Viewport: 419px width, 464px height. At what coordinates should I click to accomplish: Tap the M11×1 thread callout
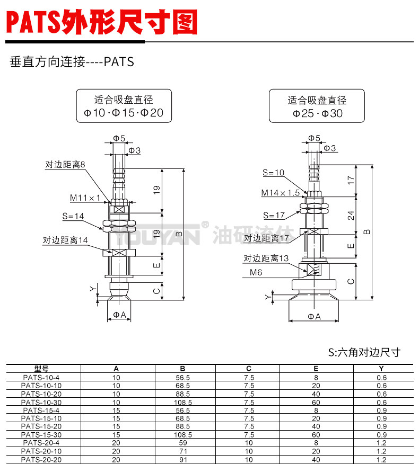point(85,198)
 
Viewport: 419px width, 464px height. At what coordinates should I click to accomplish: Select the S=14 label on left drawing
point(73,216)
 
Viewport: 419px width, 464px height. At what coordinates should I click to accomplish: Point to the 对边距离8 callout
point(65,165)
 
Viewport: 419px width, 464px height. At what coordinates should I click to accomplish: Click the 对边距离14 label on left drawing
point(65,240)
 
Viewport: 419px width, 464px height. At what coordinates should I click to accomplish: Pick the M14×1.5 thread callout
point(280,193)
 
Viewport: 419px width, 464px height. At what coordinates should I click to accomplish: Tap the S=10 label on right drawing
point(274,173)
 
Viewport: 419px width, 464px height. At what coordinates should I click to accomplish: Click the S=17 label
point(274,215)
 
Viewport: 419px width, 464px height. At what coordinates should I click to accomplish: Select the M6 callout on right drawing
point(256,273)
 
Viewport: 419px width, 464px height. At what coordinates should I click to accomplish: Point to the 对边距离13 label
point(266,258)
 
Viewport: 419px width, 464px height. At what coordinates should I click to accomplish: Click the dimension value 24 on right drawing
point(351,215)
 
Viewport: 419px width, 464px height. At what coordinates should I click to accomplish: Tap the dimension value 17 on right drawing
point(351,180)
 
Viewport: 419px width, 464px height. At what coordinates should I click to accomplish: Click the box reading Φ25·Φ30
point(317,106)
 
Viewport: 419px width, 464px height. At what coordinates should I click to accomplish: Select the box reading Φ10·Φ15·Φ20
point(124,106)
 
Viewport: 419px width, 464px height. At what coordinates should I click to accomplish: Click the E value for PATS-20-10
point(316,451)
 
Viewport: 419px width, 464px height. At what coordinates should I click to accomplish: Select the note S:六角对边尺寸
point(364,352)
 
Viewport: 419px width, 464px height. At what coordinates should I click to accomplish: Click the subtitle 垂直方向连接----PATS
point(72,62)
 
